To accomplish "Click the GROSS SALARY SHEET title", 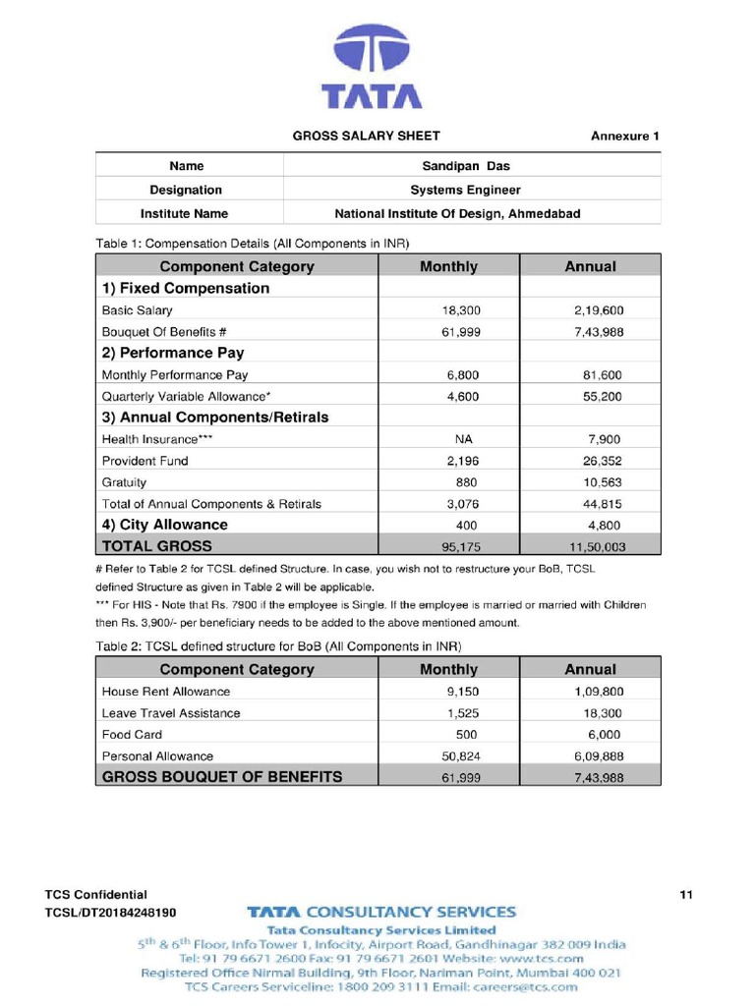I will click(x=367, y=136).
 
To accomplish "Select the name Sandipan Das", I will click(x=466, y=167).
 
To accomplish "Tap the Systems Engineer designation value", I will click(x=465, y=190).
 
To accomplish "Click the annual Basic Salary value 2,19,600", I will click(x=599, y=310).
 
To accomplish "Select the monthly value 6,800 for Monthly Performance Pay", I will click(x=464, y=374).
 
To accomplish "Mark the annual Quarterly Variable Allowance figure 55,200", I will click(x=603, y=396).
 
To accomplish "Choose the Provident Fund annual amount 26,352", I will click(x=603, y=461).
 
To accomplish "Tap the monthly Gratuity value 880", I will click(x=466, y=482).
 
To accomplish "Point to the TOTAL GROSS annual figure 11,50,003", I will click(x=593, y=546).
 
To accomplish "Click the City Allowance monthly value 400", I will click(x=466, y=526).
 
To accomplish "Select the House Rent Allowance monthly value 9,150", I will click(x=463, y=692).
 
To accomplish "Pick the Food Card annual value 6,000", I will click(x=604, y=735).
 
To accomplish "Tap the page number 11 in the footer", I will click(x=686, y=895).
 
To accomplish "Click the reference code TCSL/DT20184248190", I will click(x=111, y=913).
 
